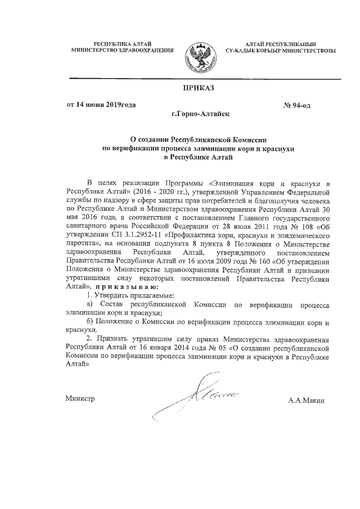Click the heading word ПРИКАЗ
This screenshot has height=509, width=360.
198,87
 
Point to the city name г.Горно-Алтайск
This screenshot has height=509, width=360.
197,114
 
